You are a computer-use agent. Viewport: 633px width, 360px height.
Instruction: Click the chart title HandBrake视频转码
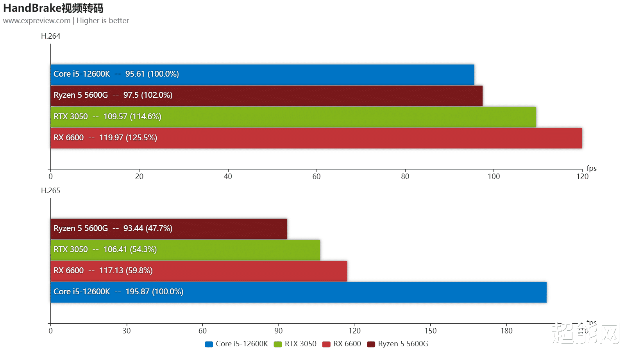53,8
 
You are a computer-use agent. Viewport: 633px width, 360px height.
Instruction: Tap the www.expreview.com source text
37,21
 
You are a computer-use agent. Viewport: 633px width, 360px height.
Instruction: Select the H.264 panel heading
51,36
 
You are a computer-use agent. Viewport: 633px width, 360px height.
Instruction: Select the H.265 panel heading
51,190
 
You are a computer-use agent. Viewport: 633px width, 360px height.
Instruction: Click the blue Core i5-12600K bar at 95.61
262,75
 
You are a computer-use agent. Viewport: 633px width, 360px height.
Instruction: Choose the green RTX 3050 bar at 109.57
293,117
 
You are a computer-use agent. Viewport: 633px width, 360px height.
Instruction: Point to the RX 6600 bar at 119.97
316,138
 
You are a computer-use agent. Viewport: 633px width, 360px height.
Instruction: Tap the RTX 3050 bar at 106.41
185,250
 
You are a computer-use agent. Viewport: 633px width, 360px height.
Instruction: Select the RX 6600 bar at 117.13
199,271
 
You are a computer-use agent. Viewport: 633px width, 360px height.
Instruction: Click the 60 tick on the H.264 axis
316,176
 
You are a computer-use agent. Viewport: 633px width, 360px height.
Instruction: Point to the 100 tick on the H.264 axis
494,176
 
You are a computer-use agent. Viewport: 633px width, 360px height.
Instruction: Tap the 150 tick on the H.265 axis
430,331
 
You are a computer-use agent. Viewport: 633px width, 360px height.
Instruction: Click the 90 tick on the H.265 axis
279,331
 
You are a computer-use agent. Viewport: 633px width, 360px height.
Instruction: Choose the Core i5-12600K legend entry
237,344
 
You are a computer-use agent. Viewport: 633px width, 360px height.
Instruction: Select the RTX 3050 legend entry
295,344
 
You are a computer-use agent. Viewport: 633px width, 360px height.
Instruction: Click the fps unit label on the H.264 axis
591,168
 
